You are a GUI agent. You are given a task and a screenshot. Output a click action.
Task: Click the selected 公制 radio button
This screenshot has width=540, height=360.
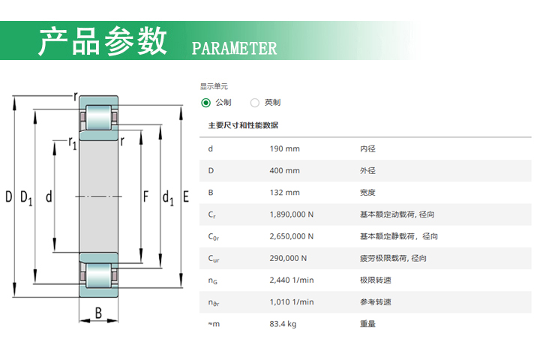(206, 103)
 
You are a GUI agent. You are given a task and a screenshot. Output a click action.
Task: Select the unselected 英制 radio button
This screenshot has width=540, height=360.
(255, 103)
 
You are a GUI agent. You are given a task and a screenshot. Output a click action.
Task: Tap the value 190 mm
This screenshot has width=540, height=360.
(284, 148)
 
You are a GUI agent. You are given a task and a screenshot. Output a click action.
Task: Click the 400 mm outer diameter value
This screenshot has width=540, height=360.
(284, 170)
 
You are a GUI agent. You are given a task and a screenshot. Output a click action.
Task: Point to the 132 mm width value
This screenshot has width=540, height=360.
(284, 193)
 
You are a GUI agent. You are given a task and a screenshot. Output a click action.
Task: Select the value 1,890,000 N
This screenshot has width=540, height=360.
(291, 214)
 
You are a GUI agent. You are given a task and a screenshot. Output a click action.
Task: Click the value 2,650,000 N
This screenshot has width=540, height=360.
(291, 236)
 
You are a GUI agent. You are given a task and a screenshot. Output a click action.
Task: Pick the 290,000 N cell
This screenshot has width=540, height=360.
(288, 258)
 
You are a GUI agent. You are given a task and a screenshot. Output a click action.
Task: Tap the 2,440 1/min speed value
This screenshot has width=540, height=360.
(291, 280)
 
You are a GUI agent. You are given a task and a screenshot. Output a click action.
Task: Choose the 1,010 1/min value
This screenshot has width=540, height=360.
(291, 301)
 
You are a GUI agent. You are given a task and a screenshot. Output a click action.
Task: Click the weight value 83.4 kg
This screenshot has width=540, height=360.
(283, 324)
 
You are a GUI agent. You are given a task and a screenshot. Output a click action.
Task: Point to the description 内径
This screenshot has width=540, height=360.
(367, 148)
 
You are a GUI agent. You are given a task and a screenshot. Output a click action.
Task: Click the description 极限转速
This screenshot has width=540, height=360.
(376, 280)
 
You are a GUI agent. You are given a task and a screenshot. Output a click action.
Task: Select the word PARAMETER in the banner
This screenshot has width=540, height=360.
(234, 48)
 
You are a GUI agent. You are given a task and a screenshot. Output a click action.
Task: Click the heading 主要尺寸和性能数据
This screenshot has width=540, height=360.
(243, 125)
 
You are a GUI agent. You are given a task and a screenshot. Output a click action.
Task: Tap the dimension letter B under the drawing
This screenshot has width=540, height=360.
(98, 313)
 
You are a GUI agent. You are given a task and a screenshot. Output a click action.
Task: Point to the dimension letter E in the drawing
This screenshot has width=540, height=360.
(186, 196)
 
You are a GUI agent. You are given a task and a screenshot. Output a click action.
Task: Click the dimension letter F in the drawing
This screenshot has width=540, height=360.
(146, 196)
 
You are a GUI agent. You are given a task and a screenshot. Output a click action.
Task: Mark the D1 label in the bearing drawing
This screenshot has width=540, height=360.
(26, 198)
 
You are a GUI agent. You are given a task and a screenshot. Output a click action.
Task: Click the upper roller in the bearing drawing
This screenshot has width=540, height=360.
(98, 118)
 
